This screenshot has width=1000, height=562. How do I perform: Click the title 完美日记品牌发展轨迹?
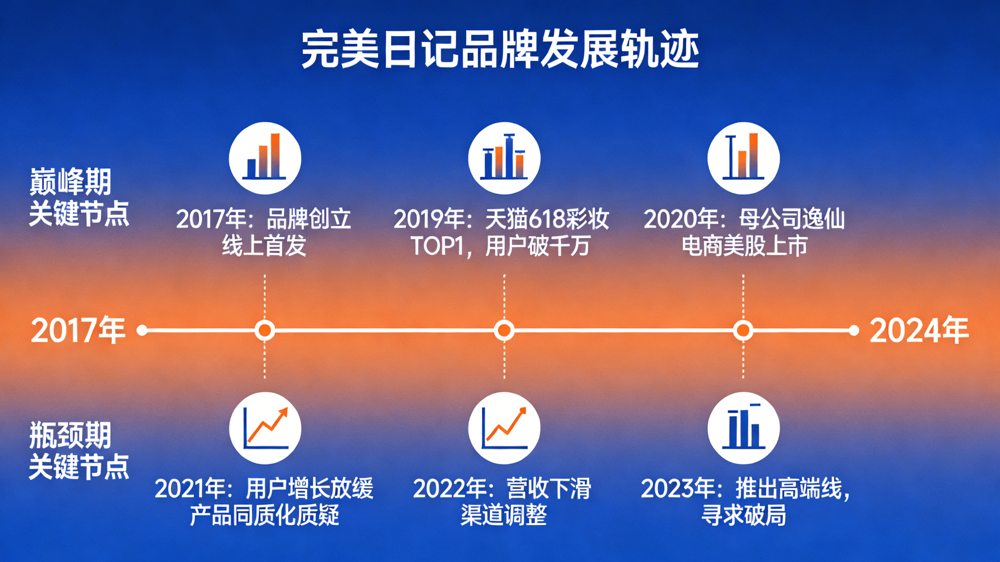tap(500, 50)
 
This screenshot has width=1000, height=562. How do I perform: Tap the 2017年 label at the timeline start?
tap(78, 330)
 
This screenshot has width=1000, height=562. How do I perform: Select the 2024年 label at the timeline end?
tap(919, 330)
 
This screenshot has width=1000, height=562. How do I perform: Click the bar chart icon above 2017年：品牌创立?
tap(265, 158)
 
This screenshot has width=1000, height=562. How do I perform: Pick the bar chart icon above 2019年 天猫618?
tap(504, 158)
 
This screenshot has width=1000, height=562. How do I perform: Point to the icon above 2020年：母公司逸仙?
tap(743, 158)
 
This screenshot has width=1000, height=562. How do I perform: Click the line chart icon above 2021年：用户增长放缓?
tap(265, 428)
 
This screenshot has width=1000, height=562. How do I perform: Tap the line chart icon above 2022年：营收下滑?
tap(504, 428)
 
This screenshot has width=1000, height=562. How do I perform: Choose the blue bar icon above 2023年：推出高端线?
tap(743, 428)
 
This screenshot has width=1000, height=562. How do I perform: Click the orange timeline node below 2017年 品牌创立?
tap(265, 331)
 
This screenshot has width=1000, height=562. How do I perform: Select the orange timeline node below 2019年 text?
tap(504, 331)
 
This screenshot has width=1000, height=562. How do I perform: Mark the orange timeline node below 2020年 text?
tap(743, 331)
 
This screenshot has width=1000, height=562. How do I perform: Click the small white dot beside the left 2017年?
tap(142, 331)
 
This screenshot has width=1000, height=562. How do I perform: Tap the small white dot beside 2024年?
tap(853, 331)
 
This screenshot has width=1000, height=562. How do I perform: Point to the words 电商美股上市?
tap(745, 246)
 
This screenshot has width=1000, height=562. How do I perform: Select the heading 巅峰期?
tap(71, 182)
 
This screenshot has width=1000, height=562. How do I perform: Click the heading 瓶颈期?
tap(71, 435)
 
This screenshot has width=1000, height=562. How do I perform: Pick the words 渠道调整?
tap(504, 515)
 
